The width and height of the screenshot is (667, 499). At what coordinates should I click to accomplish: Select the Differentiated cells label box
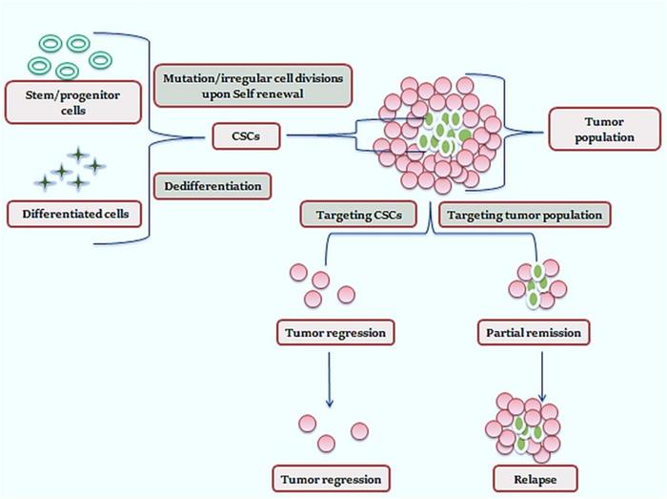(72, 212)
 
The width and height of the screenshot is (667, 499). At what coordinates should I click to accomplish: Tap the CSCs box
(247, 138)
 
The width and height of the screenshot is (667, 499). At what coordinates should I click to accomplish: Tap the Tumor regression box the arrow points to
(328, 477)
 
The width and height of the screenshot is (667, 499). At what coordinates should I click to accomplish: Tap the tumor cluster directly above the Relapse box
(524, 424)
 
